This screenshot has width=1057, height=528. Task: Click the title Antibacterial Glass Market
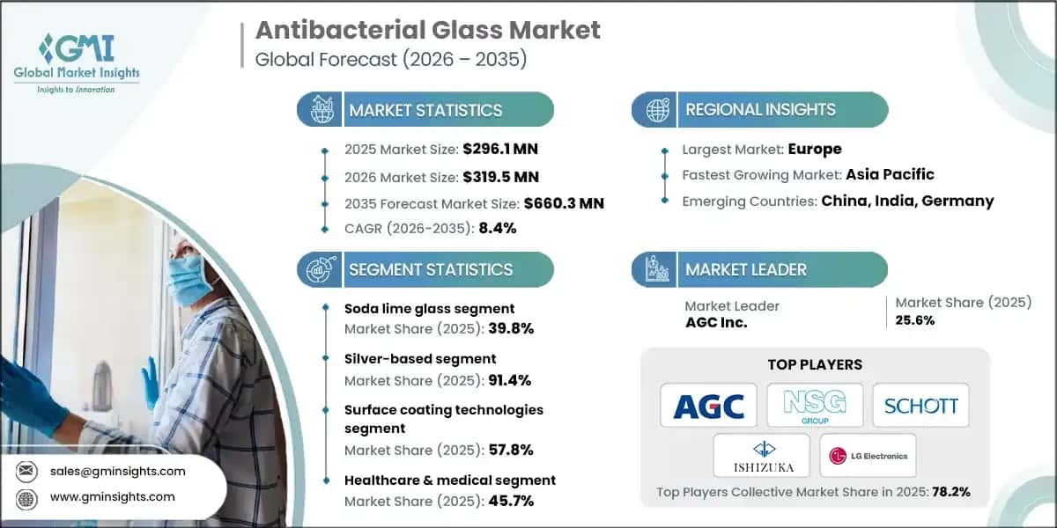pos(428,30)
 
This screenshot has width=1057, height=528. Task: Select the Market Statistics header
pos(425,110)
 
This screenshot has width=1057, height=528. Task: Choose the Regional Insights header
pos(759,110)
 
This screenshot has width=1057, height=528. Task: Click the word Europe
pos(814,149)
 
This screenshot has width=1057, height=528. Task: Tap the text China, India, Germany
pos(907,201)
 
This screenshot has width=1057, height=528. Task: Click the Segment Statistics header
pos(430,269)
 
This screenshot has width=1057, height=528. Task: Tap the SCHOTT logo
pos(920,406)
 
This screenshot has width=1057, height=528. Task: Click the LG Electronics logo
pos(867,456)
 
